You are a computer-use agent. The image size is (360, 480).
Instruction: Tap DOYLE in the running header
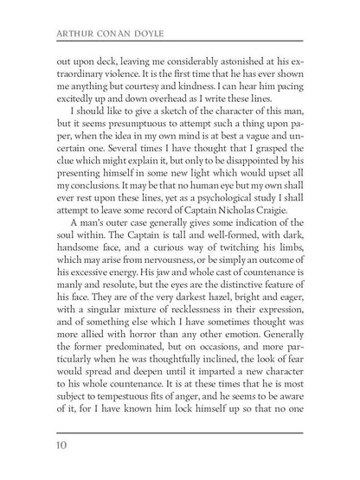click(150, 37)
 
